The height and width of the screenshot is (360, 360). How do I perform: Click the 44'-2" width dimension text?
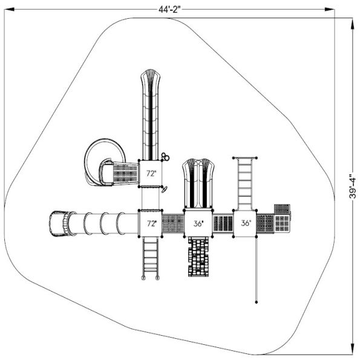pos(169,7)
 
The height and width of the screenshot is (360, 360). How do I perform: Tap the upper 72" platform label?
pos(151,174)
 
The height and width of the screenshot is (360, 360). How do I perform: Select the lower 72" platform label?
pos(151,223)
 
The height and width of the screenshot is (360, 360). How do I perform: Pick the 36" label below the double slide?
pos(198,223)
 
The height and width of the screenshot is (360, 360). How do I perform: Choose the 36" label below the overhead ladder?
pos(245,223)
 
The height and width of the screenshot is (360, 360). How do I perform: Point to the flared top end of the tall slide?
pos(151,77)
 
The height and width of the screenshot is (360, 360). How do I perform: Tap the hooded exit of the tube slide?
pos(57,223)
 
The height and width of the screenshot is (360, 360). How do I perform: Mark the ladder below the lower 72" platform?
pos(151,257)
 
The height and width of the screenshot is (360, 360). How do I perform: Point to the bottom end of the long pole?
pos(257,301)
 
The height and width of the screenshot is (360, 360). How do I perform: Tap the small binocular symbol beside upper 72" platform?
pos(165,157)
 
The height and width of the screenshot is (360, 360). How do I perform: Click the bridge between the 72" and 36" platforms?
pos(173,223)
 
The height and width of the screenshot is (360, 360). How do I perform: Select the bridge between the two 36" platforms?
pos(223,223)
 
